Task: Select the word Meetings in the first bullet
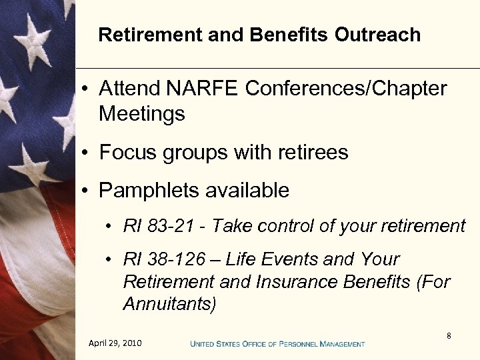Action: pos(141,114)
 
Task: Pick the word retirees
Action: pos(311,153)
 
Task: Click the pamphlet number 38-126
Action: pos(171,259)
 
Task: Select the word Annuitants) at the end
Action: pos(169,305)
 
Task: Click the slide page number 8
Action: pos(449,336)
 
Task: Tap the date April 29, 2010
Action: pos(115,343)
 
